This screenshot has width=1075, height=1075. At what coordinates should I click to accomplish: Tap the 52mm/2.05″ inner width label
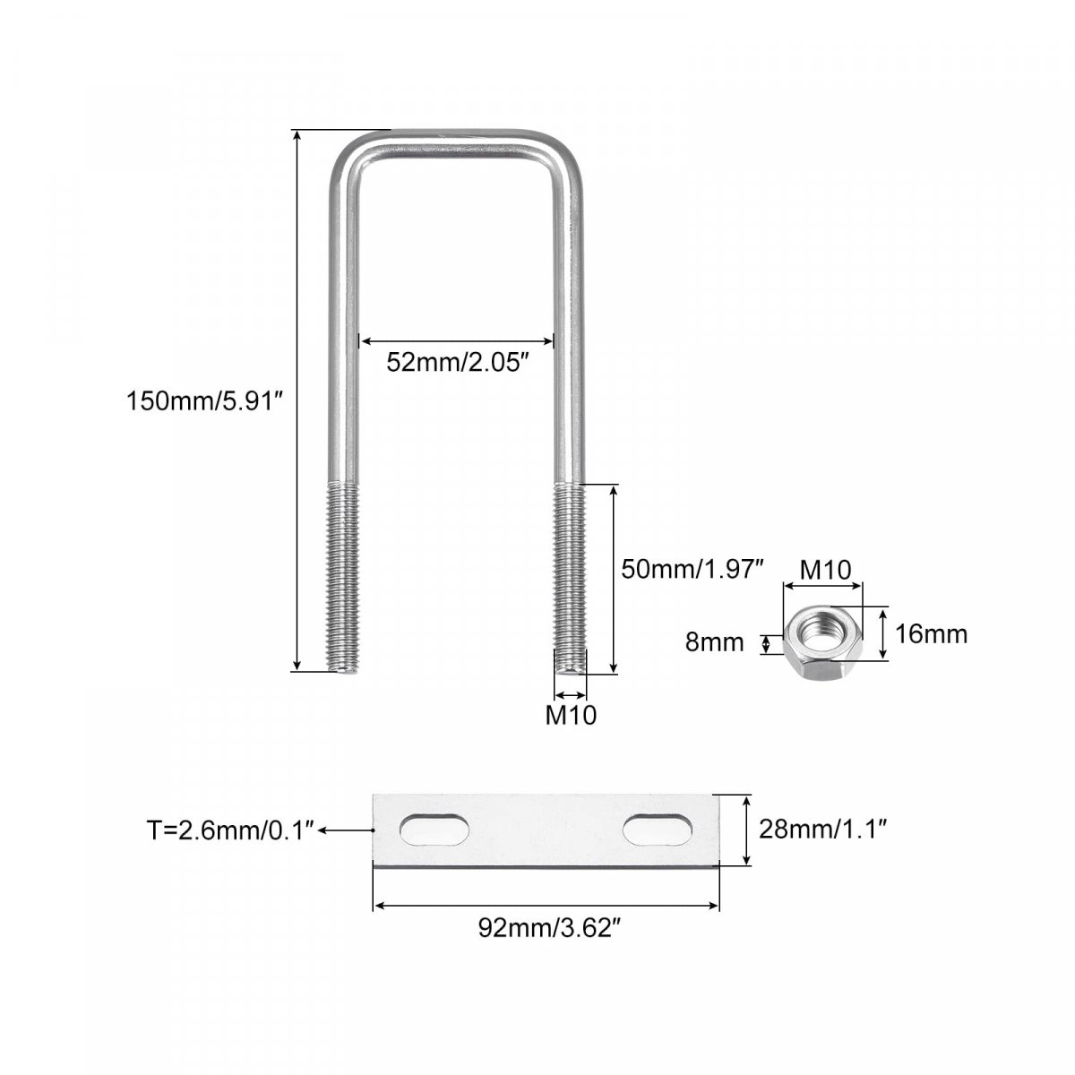point(457,363)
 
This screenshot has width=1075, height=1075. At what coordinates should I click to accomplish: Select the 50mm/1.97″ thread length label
point(692,569)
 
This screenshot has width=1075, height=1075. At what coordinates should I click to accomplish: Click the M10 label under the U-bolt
point(571,715)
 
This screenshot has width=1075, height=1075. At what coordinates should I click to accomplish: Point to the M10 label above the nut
point(826,570)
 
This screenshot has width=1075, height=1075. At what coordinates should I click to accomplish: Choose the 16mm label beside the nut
point(931,634)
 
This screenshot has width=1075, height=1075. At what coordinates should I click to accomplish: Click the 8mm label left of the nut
point(715,642)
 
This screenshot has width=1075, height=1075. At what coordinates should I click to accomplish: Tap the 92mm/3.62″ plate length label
point(549,928)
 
